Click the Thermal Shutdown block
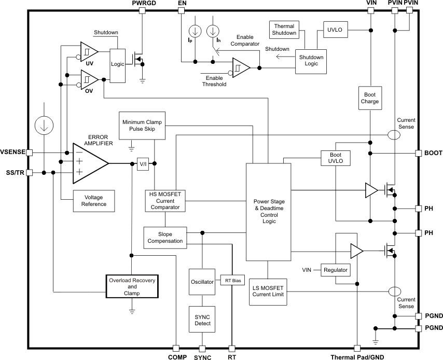coord(284,30)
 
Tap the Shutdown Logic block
coord(311,61)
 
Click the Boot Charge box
coord(370,98)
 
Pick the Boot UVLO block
coord(336,158)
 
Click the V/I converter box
coord(143,164)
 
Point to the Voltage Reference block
coord(93,200)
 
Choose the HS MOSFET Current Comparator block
coord(165,200)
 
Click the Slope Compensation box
coord(165,237)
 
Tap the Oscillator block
coord(202,282)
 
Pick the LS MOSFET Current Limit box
coord(268,292)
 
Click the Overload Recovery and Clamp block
coord(132,286)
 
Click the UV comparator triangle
coord(89,52)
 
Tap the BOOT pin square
coord(419,153)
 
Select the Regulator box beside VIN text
coord(336,270)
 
